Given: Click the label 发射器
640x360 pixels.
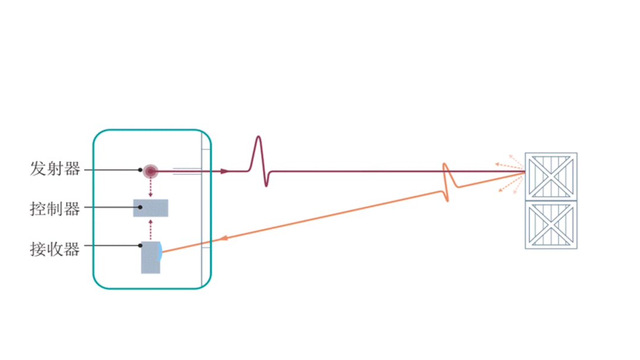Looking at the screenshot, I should (x=55, y=169).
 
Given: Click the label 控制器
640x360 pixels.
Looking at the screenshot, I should (x=55, y=208).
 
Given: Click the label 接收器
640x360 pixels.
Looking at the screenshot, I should (x=55, y=249).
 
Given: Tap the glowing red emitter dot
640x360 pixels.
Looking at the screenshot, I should (x=151, y=171).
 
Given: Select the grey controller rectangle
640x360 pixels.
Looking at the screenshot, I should (x=151, y=208).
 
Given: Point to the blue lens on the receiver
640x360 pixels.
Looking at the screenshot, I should (x=160, y=251).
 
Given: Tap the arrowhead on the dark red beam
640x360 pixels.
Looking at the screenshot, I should (x=224, y=171).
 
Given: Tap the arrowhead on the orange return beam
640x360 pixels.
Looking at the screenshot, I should (x=224, y=238).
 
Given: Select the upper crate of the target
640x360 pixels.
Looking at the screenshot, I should (x=551, y=176).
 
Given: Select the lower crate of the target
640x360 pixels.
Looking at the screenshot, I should (x=551, y=225).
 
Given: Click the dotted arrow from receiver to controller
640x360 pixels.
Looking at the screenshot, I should (x=151, y=228).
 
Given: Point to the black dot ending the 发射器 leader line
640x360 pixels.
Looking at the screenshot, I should (x=141, y=170).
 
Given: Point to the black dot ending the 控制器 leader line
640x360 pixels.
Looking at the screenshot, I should (x=141, y=208).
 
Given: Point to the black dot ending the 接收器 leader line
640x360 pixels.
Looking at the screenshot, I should (x=141, y=245).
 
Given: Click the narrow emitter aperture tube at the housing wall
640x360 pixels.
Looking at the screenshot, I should (x=187, y=171).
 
